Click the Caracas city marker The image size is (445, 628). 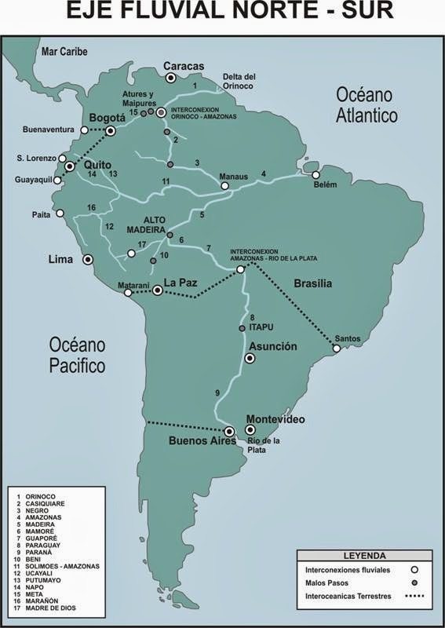170,78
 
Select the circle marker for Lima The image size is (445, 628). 88,258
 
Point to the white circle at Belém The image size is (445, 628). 316,175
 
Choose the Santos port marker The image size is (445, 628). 337,349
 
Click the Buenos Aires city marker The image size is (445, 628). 230,431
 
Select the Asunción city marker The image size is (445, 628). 250,358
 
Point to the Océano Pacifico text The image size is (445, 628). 77,355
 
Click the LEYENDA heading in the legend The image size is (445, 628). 363,555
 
